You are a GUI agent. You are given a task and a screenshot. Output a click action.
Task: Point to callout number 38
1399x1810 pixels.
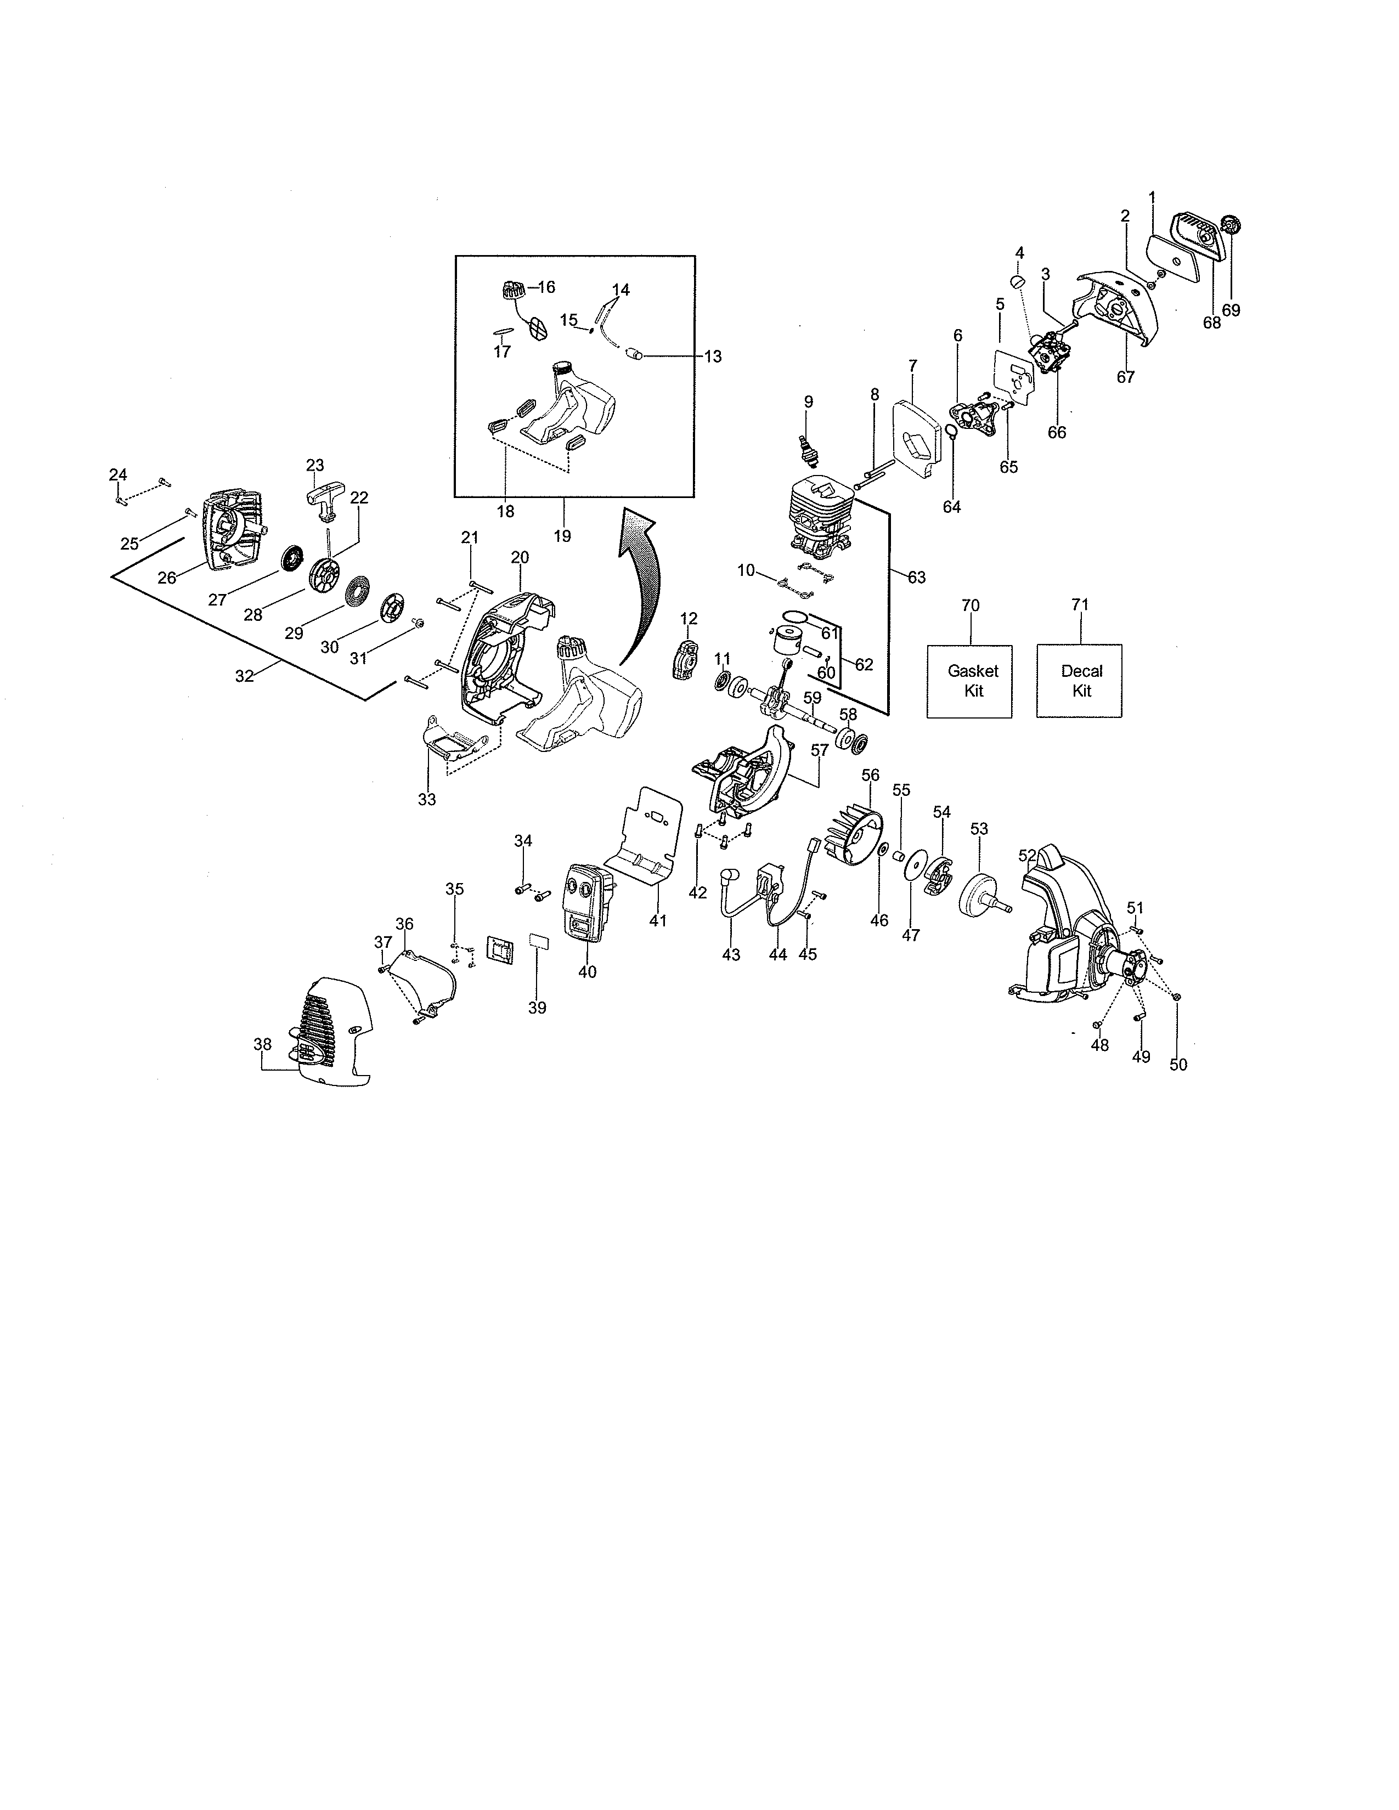click(x=262, y=1044)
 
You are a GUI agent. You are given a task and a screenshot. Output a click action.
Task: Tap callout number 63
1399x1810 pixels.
click(x=916, y=577)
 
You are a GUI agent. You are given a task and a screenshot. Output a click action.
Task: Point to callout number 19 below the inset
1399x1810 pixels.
click(x=562, y=536)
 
